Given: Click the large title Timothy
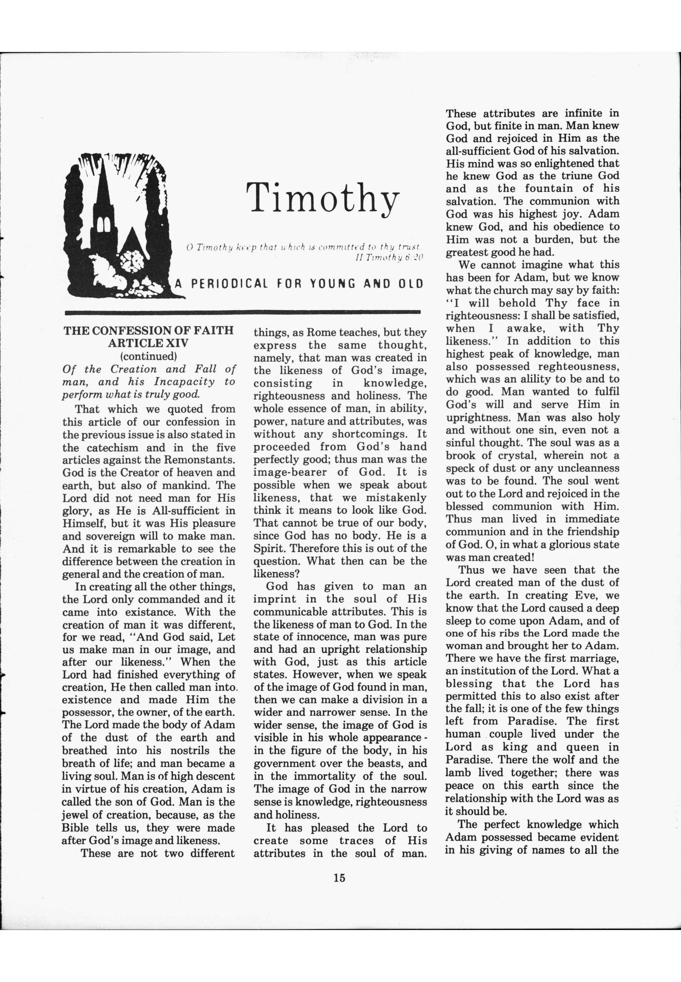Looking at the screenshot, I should [x=323, y=197].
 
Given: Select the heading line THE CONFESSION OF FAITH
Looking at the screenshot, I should [x=149, y=330].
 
